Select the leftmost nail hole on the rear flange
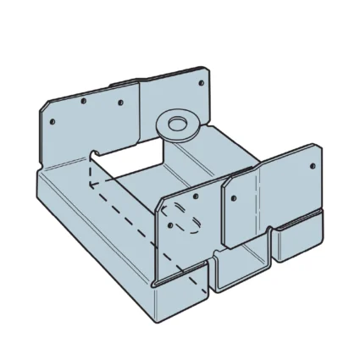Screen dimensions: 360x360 point(53,121)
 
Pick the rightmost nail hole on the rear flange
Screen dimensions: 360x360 point(202,83)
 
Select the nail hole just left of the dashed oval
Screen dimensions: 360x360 point(171,226)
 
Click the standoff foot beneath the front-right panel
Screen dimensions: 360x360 point(297,241)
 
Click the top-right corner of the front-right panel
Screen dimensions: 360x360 point(318,148)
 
